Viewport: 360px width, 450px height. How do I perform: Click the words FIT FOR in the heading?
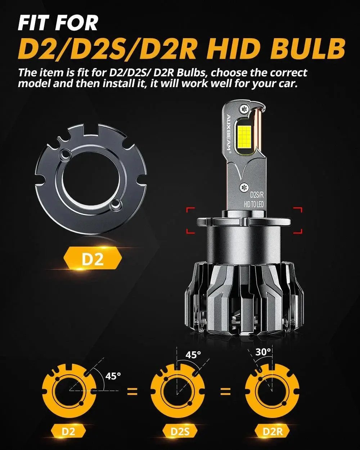(58, 23)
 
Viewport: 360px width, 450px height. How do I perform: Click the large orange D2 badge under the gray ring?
(93, 260)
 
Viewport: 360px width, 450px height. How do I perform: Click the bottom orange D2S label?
(180, 431)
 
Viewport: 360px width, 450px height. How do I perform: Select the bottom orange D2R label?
(272, 431)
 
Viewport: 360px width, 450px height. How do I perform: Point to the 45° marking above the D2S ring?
(193, 355)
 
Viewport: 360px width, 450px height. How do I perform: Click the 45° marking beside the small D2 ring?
(113, 376)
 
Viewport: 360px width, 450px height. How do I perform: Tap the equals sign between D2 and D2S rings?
(132, 391)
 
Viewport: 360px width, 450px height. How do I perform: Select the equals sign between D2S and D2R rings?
(225, 391)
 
